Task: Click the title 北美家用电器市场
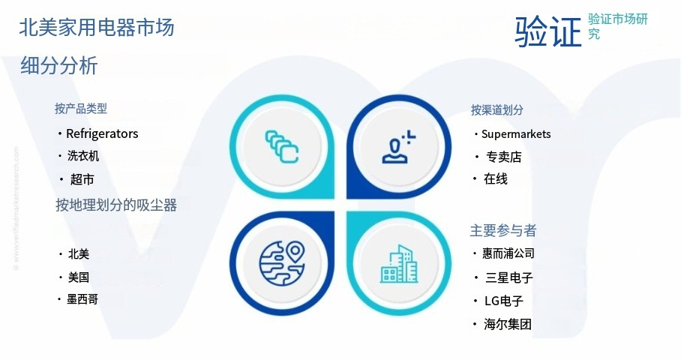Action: pyautogui.click(x=97, y=28)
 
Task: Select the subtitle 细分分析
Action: pyautogui.click(x=58, y=66)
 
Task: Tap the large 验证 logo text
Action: pyautogui.click(x=547, y=31)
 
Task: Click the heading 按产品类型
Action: pyautogui.click(x=81, y=109)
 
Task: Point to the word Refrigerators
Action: pyautogui.click(x=102, y=133)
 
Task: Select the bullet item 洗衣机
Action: pyautogui.click(x=83, y=156)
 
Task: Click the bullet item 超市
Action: pyautogui.click(x=82, y=179)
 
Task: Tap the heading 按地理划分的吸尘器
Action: pyautogui.click(x=116, y=205)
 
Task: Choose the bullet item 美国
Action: pyautogui.click(x=78, y=277)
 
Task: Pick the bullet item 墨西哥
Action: pyautogui.click(x=82, y=299)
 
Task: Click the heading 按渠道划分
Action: pyautogui.click(x=496, y=110)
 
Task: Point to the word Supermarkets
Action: pyautogui.click(x=516, y=134)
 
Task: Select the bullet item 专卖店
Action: pyautogui.click(x=504, y=157)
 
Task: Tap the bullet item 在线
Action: pyautogui.click(x=496, y=179)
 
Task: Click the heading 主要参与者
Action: pyautogui.click(x=503, y=230)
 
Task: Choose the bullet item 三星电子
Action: pyautogui.click(x=509, y=277)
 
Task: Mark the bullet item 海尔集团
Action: pyautogui.click(x=507, y=325)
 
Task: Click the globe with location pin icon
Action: pyautogui.click(x=282, y=263)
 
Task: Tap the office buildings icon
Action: pyautogui.click(x=399, y=264)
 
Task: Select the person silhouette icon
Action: pyautogui.click(x=398, y=147)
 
